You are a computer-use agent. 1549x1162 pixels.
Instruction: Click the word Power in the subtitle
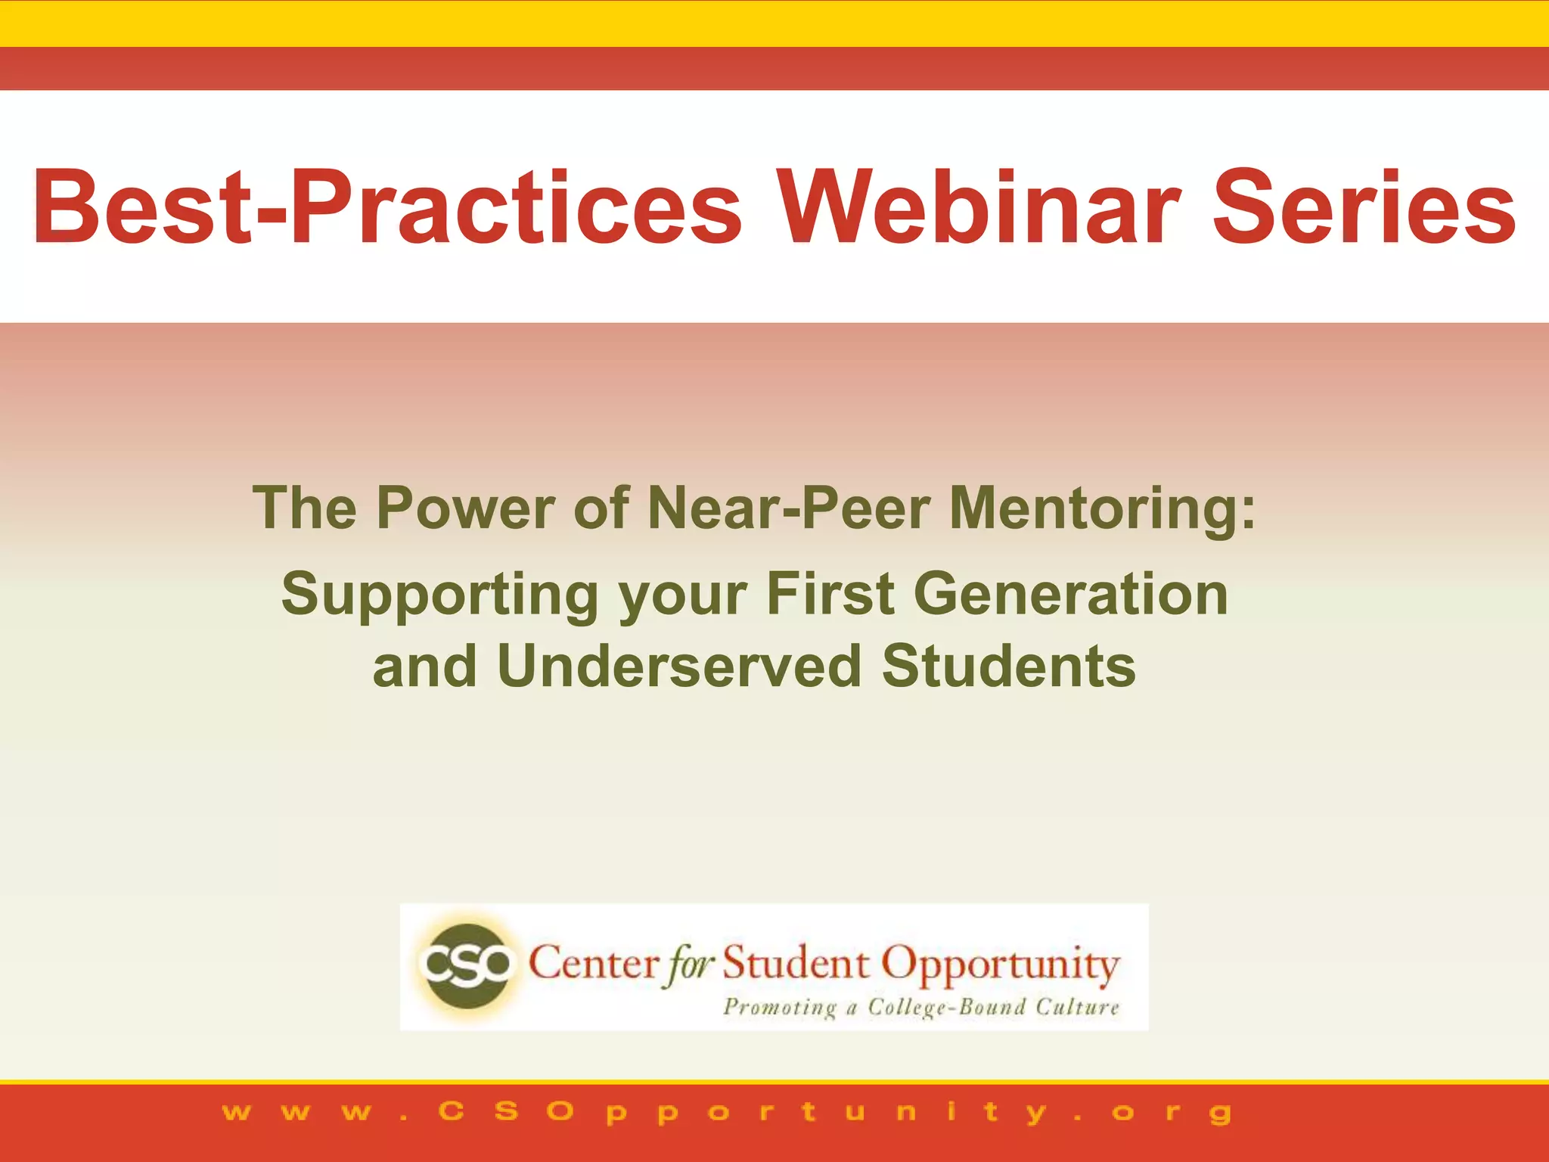465,508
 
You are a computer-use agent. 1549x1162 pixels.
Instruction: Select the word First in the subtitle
830,594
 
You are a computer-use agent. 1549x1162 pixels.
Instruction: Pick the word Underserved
679,666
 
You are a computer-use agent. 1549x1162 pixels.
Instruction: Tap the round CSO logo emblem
466,965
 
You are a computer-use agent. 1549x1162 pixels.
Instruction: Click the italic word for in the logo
688,966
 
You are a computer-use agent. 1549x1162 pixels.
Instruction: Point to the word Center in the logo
594,965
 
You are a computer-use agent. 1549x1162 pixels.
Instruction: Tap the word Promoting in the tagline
780,1008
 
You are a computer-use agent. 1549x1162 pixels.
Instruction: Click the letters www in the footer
296,1113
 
